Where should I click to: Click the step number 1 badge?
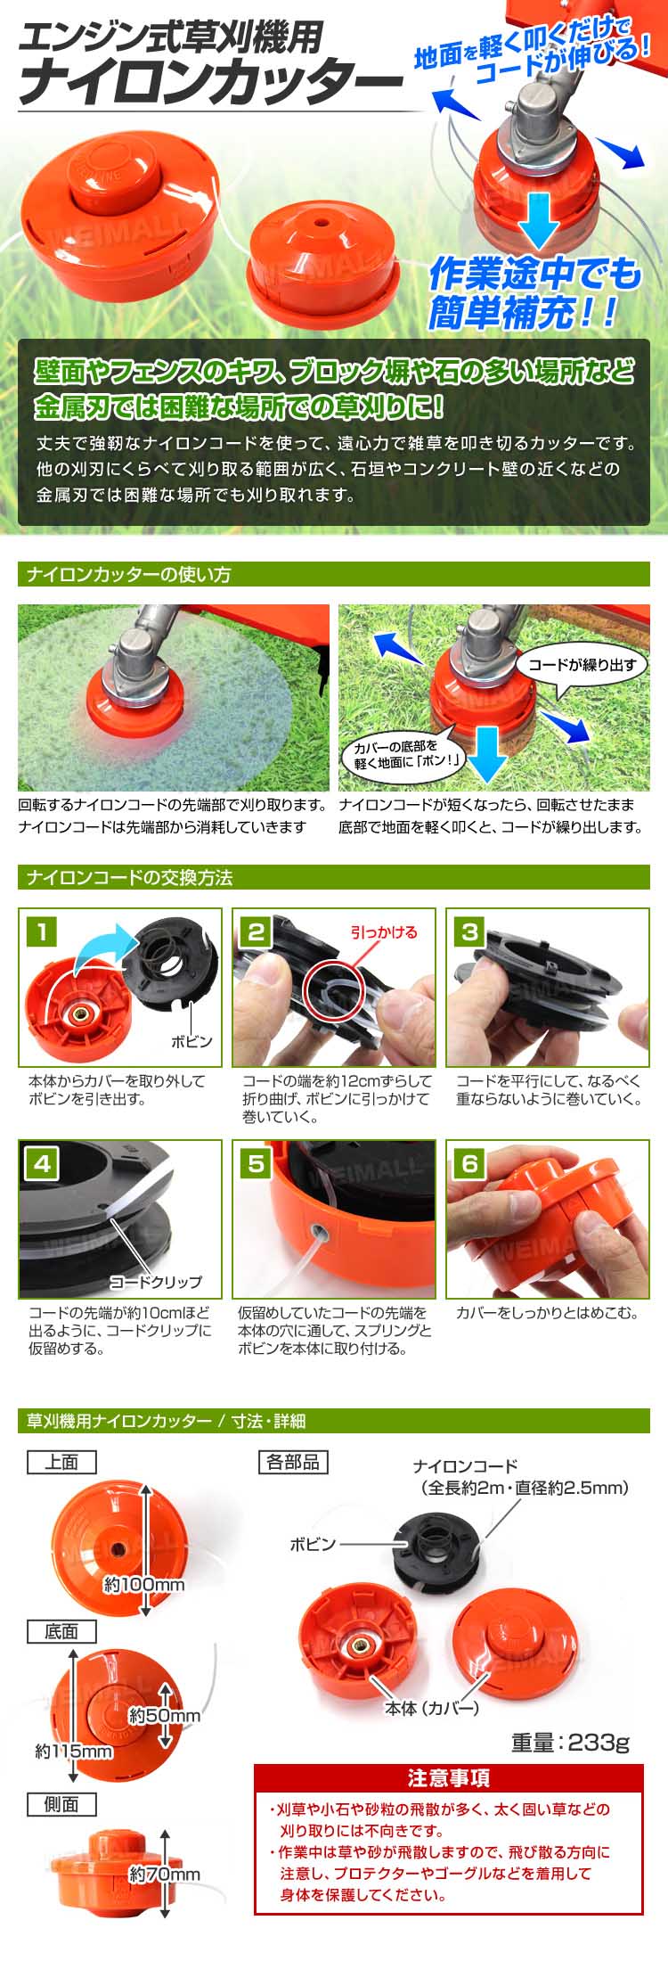(x=42, y=932)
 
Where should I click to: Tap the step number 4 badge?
(x=42, y=1163)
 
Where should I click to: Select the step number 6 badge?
(x=469, y=1163)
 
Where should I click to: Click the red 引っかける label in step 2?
(x=384, y=932)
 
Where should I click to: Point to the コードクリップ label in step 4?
(x=156, y=1282)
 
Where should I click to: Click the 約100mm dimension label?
(x=144, y=1584)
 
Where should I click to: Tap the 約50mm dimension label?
(x=165, y=1716)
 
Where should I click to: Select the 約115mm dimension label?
(x=74, y=1752)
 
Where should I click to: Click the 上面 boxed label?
(x=61, y=1462)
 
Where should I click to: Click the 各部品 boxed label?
(x=293, y=1462)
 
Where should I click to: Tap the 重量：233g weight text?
(x=570, y=1743)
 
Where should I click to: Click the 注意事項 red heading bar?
(x=449, y=1778)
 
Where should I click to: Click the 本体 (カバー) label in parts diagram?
(x=432, y=1708)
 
